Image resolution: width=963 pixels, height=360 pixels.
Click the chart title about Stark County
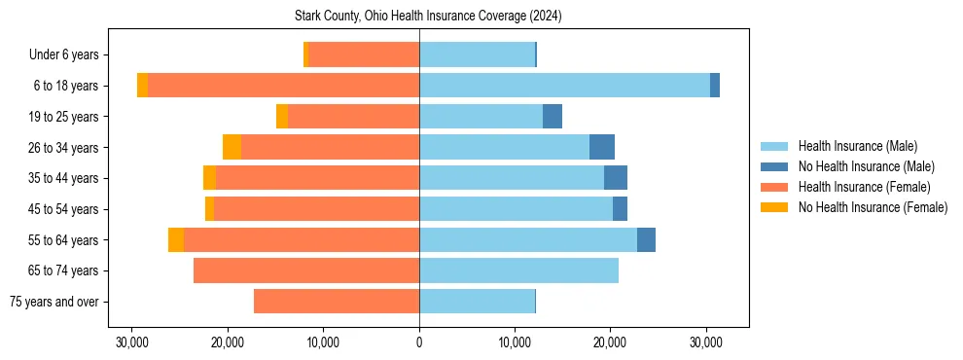[428, 17]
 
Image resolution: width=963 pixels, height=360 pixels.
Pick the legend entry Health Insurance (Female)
[864, 187]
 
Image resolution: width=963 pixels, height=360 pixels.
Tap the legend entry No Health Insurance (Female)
[873, 207]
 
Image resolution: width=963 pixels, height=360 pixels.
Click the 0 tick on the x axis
[419, 342]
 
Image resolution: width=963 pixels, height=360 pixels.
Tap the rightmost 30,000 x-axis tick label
[706, 342]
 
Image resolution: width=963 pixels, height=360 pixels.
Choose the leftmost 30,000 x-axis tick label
[132, 342]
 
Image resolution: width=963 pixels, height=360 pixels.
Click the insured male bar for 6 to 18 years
[564, 86]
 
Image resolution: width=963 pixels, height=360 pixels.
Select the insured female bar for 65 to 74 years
[306, 270]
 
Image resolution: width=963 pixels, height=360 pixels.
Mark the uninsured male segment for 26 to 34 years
[602, 147]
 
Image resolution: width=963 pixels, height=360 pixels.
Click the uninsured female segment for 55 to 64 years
[176, 239]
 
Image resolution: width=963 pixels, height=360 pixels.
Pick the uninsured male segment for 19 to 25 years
[553, 117]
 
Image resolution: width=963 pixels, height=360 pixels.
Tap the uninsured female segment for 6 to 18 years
[142, 86]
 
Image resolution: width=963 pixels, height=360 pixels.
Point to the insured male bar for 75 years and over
[477, 302]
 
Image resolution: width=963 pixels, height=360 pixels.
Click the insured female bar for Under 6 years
[364, 54]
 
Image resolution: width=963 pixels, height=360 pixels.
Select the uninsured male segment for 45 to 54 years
[620, 209]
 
